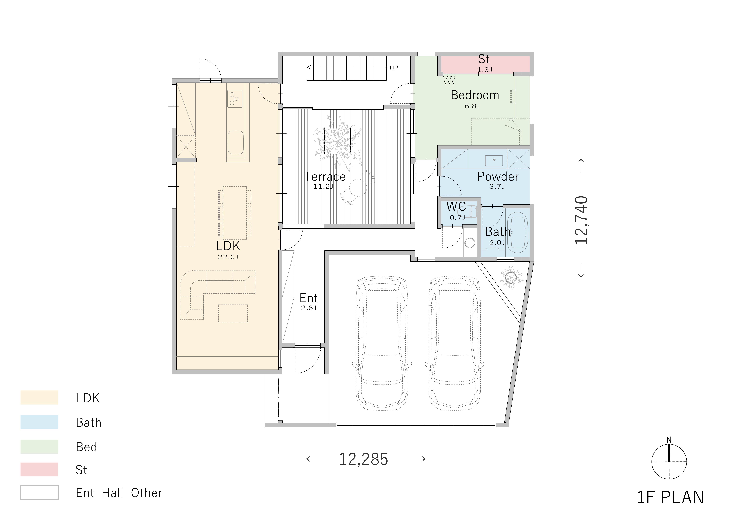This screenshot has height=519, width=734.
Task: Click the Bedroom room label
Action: [x=475, y=95]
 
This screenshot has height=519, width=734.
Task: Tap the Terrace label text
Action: [x=325, y=176]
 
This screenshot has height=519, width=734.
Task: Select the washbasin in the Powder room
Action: [x=494, y=160]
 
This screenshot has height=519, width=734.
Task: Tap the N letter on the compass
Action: [x=669, y=440]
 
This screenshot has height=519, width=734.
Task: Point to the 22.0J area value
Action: [x=228, y=257]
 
